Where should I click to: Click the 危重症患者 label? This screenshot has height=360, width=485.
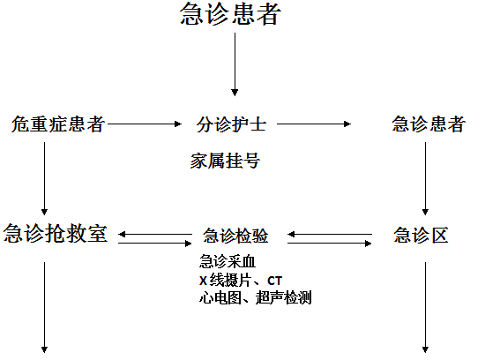coord(58,124)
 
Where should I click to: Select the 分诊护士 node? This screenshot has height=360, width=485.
coord(231,124)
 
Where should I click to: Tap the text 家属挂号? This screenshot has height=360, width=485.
coord(225,161)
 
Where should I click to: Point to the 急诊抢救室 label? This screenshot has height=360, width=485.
coord(56,233)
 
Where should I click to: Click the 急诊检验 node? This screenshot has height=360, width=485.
coord(235,236)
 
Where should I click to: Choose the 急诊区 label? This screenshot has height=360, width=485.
coord(421,235)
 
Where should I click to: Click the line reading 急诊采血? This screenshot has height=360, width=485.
coord(228,261)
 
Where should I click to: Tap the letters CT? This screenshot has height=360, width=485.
coord(274,281)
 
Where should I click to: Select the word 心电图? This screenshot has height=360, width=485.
coord(220,297)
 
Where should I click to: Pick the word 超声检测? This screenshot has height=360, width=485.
coord(283,297)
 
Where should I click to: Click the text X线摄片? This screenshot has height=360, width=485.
coord(225,281)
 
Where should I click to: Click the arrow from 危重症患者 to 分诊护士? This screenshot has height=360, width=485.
coord(145,124)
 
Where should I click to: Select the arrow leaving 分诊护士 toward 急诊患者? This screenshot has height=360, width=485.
coord(314,124)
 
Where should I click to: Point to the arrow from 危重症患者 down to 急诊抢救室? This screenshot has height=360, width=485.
coord(45,178)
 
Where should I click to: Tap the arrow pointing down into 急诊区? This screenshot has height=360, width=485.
coord(425,178)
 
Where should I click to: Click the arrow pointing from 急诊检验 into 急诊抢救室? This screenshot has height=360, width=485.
coord(155,235)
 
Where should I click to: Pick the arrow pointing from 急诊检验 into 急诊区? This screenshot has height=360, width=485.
coord(330,244)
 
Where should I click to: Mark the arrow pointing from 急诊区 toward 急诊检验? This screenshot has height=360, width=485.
coord(330,235)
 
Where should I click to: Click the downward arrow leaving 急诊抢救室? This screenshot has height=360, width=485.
coord(45,307)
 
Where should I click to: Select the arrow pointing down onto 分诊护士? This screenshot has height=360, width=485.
coord(235,64)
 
